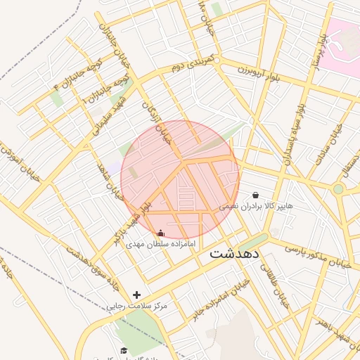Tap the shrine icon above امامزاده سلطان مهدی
[x=161, y=233]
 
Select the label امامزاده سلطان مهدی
[x=161, y=245]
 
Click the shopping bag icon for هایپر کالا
[x=255, y=195]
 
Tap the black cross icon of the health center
[x=136, y=295]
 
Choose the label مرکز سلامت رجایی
[x=136, y=307]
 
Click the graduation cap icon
[x=124, y=350]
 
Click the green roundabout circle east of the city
[x=338, y=188]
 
